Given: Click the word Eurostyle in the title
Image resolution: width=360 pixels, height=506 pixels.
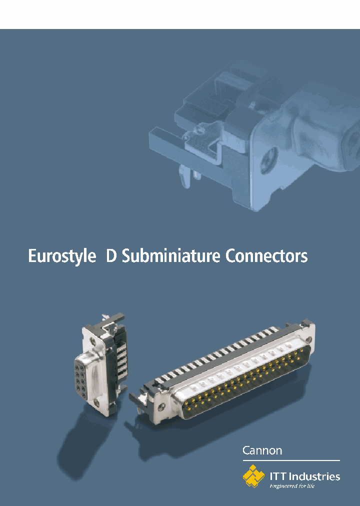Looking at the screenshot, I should click(61, 256).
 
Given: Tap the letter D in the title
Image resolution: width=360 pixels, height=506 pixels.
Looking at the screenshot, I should click(111, 256).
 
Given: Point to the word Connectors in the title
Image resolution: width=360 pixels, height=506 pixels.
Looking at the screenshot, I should click(266, 256).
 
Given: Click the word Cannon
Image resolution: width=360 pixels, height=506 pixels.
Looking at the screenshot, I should click(262, 450).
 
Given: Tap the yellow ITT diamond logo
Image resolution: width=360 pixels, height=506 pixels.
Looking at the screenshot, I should click(253, 476).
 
